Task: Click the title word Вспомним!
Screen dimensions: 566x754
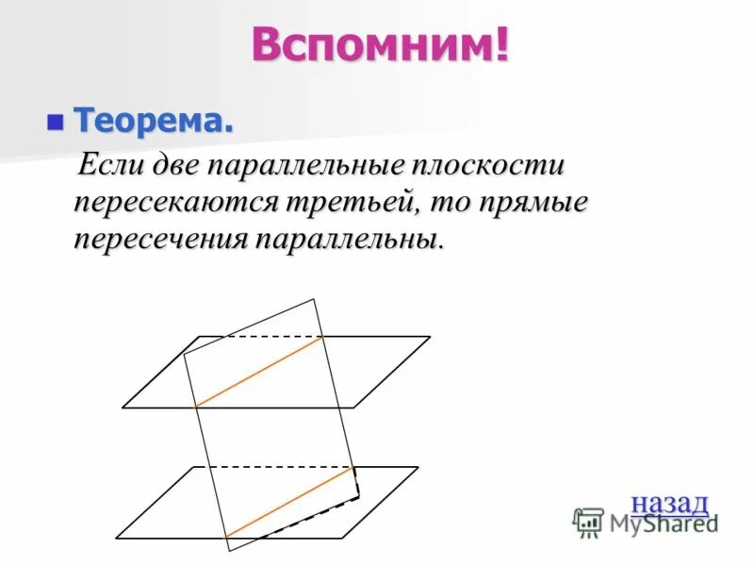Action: click(x=380, y=44)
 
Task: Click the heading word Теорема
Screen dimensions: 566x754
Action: click(x=154, y=121)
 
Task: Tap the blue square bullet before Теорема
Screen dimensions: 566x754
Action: click(x=56, y=121)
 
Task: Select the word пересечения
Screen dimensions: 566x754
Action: click(x=157, y=237)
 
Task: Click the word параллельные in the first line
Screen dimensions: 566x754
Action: click(x=308, y=167)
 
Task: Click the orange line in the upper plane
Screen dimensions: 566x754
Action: click(x=259, y=371)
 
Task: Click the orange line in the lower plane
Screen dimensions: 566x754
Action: click(x=290, y=502)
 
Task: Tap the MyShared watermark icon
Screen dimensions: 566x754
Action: click(x=588, y=522)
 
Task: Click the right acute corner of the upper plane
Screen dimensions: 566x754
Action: click(x=430, y=337)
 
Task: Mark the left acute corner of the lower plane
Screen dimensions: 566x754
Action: click(x=116, y=538)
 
